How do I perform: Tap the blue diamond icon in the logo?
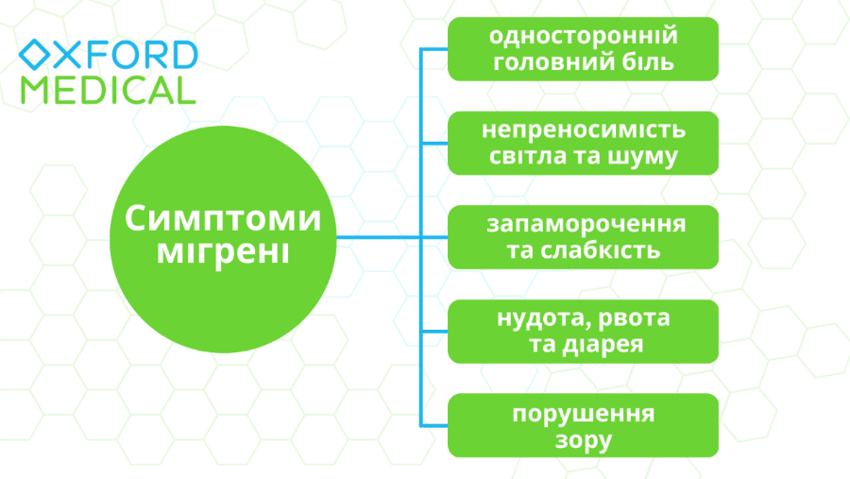pos(35,55)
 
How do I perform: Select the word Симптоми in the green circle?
pos(223,219)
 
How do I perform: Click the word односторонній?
pos(584,36)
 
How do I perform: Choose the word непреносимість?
pos(583,129)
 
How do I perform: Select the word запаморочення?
pos(586,224)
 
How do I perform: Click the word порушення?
pos(584,413)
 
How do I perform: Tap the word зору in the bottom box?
pos(584,440)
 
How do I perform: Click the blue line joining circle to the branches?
pos(378,237)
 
